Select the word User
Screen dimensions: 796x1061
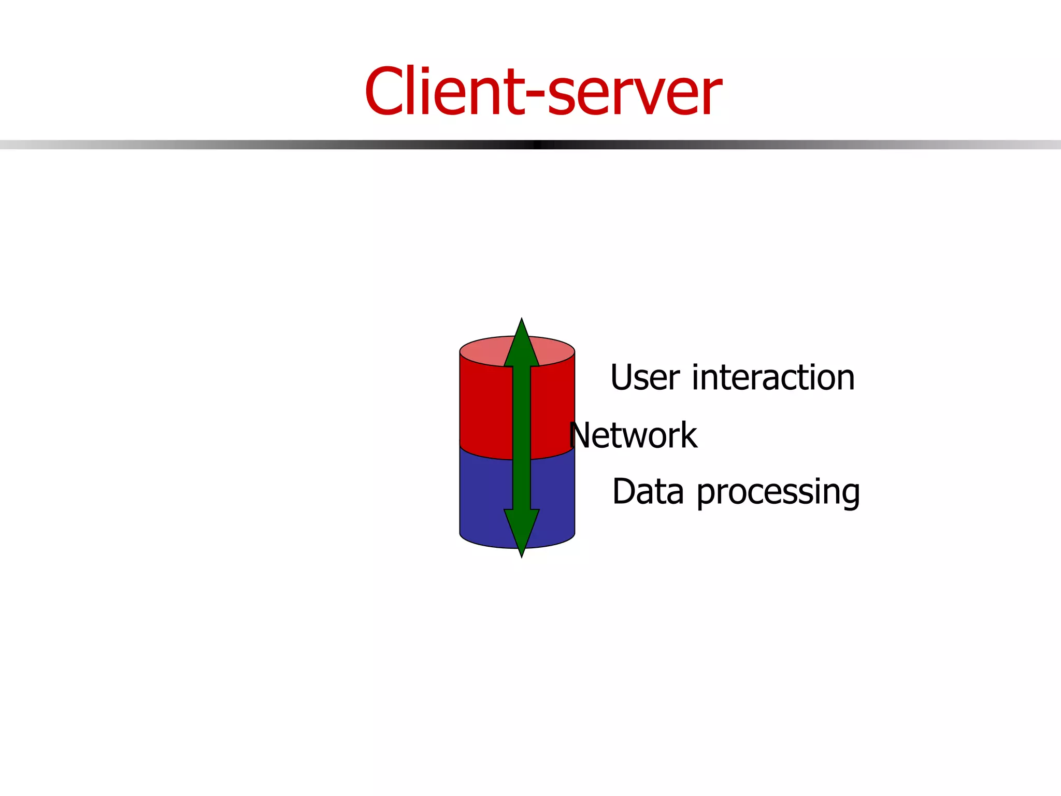click(x=644, y=377)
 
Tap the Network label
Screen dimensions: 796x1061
click(x=633, y=435)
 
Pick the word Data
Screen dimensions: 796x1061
click(x=648, y=491)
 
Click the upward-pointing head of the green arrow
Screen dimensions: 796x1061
click(x=522, y=345)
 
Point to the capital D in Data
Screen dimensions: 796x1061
click(x=624, y=491)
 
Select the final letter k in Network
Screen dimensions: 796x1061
click(x=689, y=435)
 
